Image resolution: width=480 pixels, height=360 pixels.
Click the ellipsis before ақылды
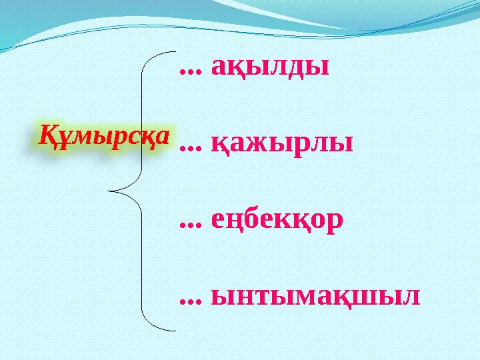coord(191,71)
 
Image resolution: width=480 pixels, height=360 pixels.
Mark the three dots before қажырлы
coord(191,147)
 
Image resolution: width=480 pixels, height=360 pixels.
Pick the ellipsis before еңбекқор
coord(191,223)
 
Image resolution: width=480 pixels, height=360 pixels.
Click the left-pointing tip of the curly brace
coord(109,192)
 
